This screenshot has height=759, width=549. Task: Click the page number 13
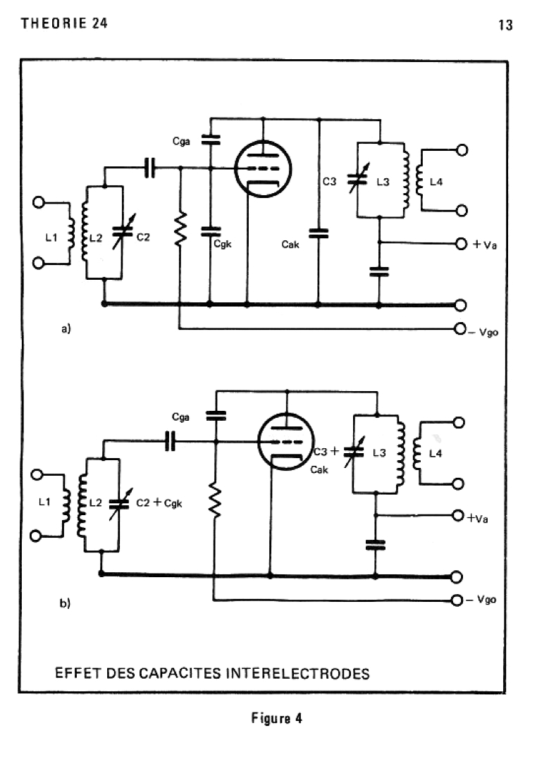[505, 25]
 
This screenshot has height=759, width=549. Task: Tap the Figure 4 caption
[276, 718]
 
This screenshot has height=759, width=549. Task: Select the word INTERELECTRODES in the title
[297, 673]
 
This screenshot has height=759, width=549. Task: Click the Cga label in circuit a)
[181, 142]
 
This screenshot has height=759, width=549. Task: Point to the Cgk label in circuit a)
[223, 245]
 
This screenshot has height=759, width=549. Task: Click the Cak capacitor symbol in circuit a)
[318, 234]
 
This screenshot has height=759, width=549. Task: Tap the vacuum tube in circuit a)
[263, 169]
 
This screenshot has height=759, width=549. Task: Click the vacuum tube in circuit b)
[285, 441]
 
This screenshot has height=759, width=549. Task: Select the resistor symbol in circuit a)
[180, 228]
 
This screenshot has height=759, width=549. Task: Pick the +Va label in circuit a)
[485, 245]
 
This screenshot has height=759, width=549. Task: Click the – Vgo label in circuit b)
[481, 600]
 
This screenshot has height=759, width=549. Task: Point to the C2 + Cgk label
[159, 503]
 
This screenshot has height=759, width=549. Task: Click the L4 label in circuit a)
[436, 182]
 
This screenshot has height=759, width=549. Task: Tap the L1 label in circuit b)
[44, 502]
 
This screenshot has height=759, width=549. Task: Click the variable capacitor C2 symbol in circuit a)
[123, 232]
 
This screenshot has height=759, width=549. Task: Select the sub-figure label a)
[66, 328]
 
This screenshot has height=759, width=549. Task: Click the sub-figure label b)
[65, 603]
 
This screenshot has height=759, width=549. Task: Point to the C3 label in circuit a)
[329, 182]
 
